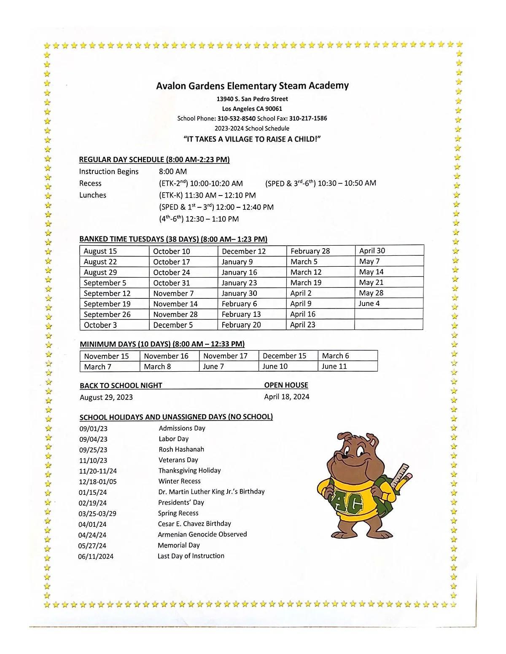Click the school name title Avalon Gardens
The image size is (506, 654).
point(252,86)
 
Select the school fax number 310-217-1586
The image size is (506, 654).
point(308,118)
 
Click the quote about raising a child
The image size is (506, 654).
point(252,139)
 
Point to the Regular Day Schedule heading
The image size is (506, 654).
point(154,160)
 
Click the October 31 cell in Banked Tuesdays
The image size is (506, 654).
point(172,283)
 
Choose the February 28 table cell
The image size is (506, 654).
point(310,251)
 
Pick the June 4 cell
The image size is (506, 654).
point(369,303)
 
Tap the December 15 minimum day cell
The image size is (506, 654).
point(285,356)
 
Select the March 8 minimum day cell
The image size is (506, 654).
point(157,367)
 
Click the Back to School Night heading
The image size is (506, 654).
point(121,386)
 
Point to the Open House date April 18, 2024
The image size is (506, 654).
point(287,397)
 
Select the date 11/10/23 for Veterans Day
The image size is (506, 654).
point(93,461)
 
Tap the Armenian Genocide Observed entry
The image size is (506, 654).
point(202,534)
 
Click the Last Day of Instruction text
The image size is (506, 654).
point(191,556)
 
